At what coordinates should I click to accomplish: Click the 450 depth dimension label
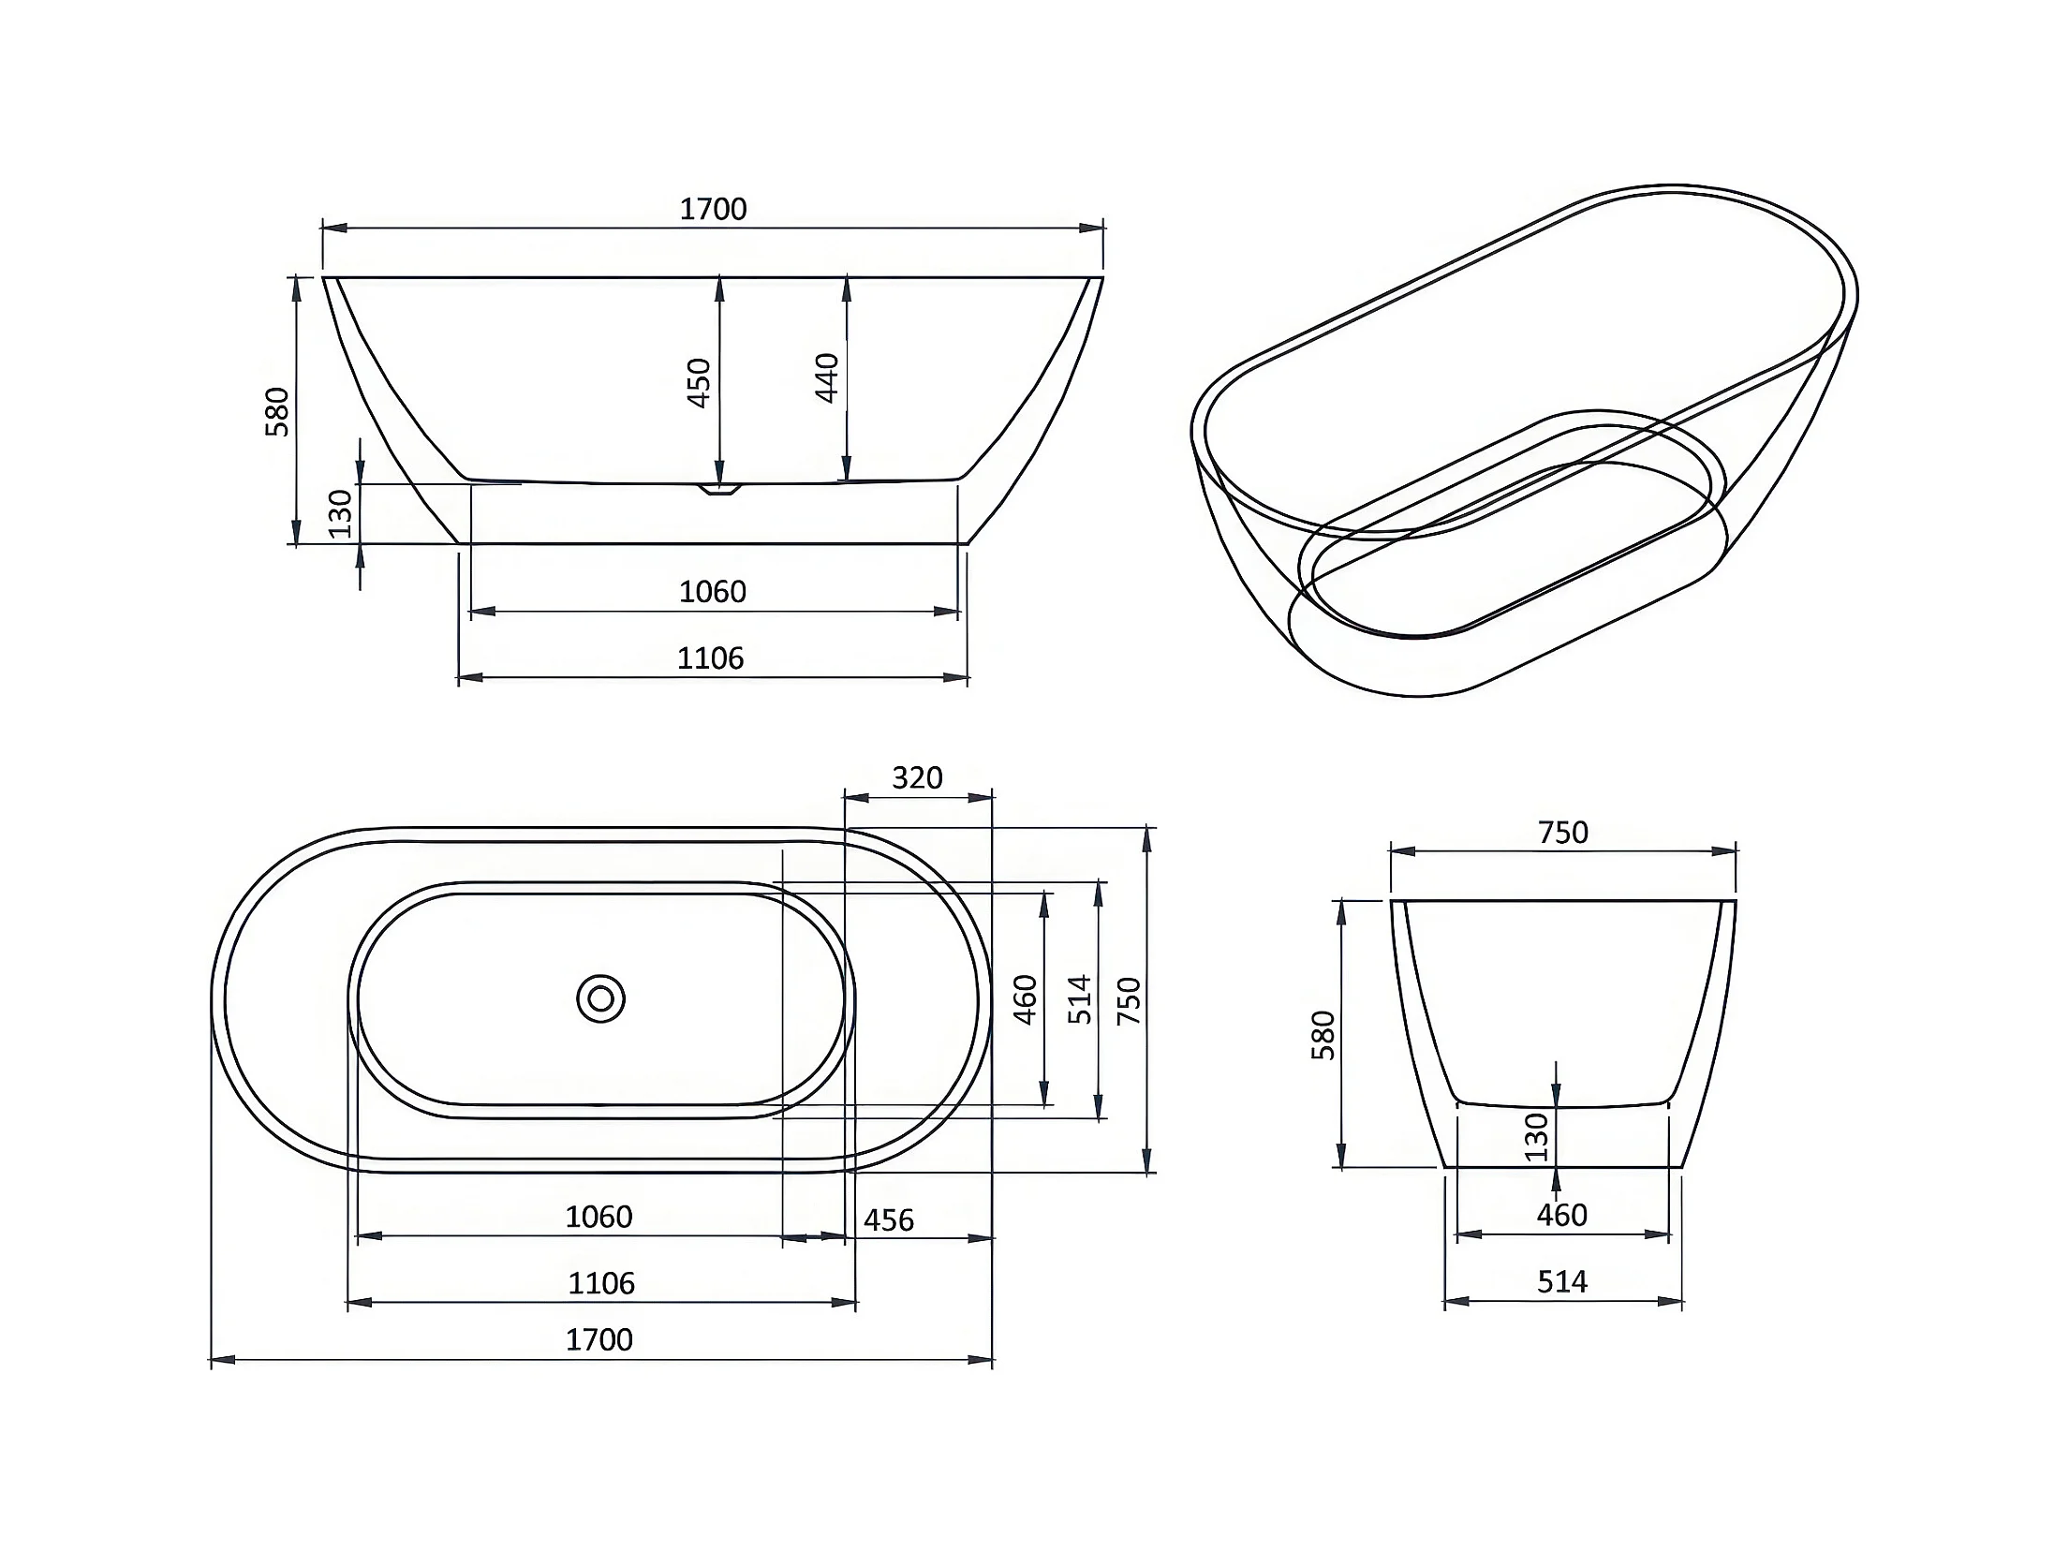point(700,382)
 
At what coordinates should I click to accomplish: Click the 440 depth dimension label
point(827,377)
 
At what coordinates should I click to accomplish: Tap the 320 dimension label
point(917,777)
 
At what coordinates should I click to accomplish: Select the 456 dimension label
point(888,1219)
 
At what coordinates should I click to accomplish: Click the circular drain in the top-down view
point(600,999)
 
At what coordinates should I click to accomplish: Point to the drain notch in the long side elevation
point(719,488)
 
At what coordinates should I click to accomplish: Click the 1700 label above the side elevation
point(713,209)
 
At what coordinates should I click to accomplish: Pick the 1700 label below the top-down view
point(599,1339)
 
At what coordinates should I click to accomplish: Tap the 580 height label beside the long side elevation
point(277,412)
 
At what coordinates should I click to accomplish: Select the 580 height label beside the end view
point(1323,1035)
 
